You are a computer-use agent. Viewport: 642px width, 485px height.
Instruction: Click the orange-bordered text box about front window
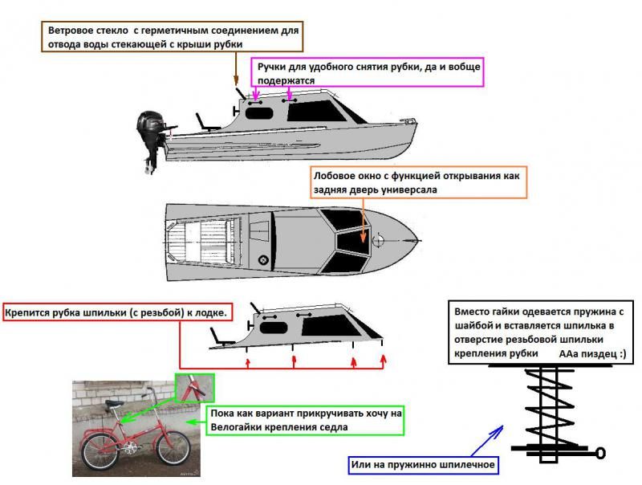[x=419, y=183]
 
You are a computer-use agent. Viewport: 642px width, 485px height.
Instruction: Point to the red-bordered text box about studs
[x=118, y=312]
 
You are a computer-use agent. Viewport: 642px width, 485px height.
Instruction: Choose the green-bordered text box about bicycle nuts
[x=304, y=419]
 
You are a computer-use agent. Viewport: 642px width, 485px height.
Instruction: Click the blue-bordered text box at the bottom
[x=421, y=464]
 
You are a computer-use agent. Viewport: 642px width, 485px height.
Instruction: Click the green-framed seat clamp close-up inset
[x=195, y=387]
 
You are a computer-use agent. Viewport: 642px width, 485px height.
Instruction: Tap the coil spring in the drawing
[x=547, y=407]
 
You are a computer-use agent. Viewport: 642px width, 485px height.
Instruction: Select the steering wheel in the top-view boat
[x=262, y=259]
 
